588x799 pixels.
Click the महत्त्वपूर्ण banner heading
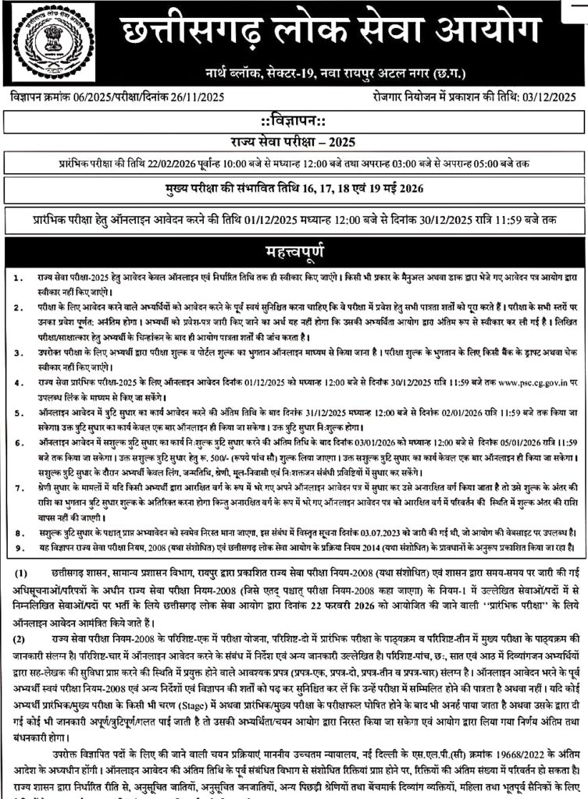(294, 253)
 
